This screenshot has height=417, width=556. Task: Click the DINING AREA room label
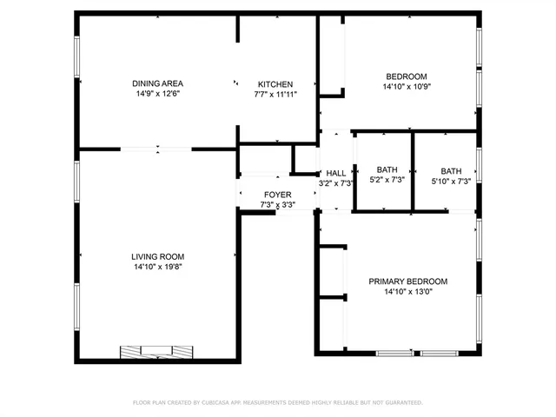[x=157, y=83]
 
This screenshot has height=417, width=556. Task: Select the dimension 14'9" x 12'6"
[x=157, y=94]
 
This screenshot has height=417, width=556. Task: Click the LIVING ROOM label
[x=157, y=256]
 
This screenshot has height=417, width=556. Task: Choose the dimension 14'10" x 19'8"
[x=157, y=267]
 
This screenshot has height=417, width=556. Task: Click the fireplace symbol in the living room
[x=156, y=351]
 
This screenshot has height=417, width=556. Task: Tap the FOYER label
[x=277, y=195]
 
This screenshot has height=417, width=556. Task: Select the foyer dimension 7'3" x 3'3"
[x=277, y=205]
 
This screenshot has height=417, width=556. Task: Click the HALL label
[x=335, y=173]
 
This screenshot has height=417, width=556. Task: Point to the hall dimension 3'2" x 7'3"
[x=335, y=183]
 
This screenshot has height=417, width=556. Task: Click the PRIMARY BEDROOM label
[x=407, y=281]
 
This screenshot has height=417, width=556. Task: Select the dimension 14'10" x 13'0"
[x=407, y=292]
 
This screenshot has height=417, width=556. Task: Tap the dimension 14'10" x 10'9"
[x=407, y=87]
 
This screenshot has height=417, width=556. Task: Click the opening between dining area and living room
[x=156, y=149]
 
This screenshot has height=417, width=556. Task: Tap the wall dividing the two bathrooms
[x=412, y=170]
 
